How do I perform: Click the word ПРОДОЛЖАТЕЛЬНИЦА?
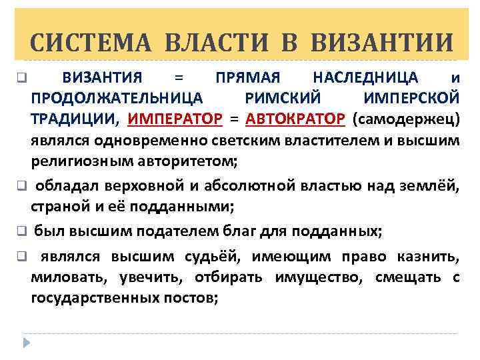pyautogui.click(x=117, y=99)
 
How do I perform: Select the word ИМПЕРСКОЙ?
pyautogui.click(x=412, y=99)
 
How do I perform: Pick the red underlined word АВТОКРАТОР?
pyautogui.click(x=295, y=119)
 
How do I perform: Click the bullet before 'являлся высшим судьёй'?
pyautogui.click(x=21, y=256)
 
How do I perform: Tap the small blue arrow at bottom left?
pyautogui.click(x=27, y=342)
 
